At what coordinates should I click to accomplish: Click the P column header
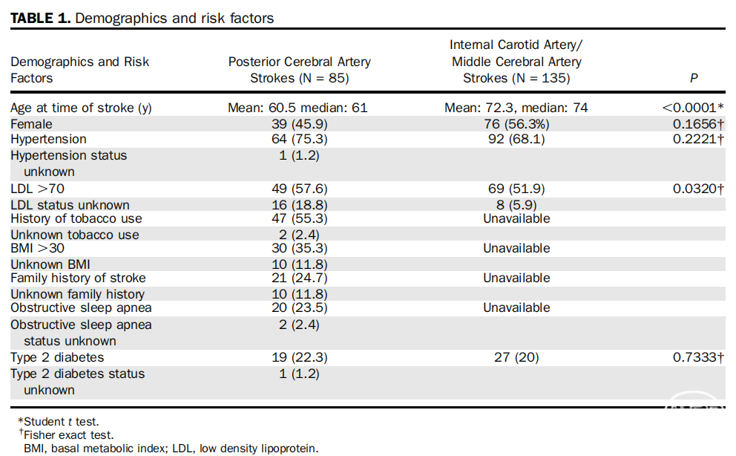[694, 78]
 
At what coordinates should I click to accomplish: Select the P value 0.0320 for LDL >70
[698, 189]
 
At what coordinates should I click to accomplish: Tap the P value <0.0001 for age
[693, 108]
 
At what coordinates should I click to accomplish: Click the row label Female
[31, 124]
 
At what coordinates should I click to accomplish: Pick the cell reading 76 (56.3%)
[516, 124]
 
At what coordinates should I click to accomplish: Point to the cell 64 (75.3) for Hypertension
[300, 139]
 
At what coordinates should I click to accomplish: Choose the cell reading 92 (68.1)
[516, 139]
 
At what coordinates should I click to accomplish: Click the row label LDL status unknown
[70, 205]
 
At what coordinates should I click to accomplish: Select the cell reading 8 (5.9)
[516, 205]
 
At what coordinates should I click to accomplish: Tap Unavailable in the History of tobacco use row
[516, 218]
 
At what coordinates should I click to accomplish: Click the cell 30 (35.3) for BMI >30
[300, 248]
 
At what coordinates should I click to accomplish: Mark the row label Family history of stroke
[78, 278]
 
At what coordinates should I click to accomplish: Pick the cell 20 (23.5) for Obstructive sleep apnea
[300, 307]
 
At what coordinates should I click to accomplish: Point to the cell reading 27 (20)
[516, 357]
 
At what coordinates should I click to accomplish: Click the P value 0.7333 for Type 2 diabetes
[698, 357]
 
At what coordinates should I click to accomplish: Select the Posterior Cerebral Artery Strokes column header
[300, 70]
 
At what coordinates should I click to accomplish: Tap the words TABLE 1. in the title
[40, 19]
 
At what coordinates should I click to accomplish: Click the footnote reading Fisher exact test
[66, 435]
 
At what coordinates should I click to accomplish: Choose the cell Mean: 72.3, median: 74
[516, 108]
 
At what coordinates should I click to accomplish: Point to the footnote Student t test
[59, 422]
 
